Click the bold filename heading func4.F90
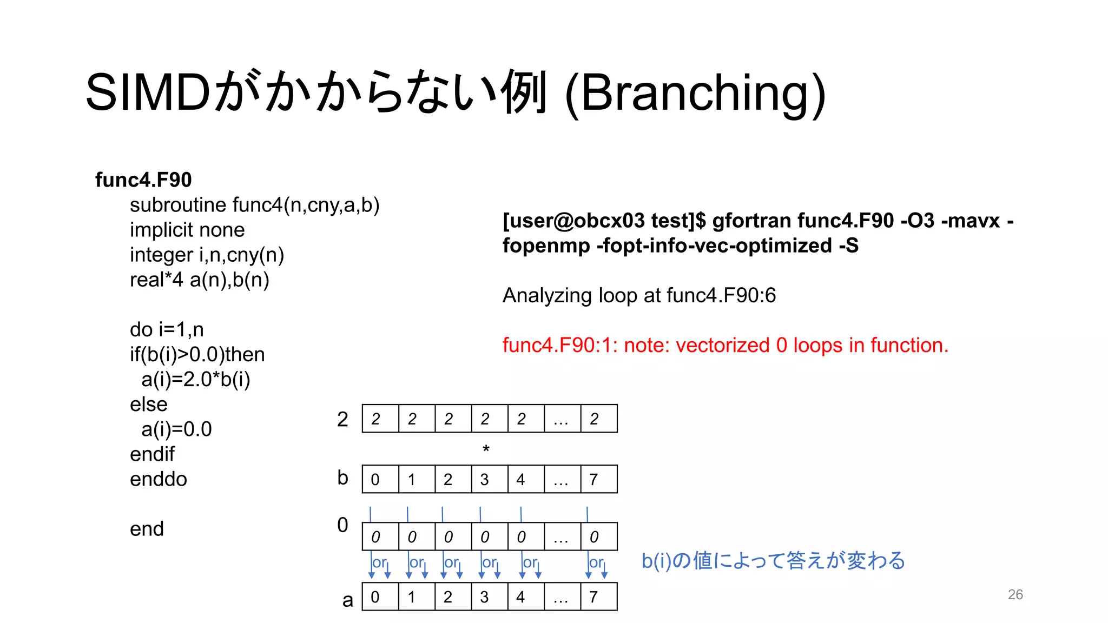[143, 180]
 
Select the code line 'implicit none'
[187, 230]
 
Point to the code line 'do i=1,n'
[167, 329]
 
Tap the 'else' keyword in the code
[149, 404]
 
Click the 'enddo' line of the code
[159, 479]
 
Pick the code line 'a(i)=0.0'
[176, 429]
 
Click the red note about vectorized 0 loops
[726, 345]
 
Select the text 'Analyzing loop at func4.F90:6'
[639, 295]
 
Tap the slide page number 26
[1015, 594]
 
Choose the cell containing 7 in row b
[598, 479]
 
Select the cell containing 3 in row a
[489, 597]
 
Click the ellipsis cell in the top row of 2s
[562, 419]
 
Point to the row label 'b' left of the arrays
[342, 478]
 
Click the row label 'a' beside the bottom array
[348, 599]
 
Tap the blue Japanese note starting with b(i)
[773, 560]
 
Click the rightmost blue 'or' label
[595, 562]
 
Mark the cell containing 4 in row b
[525, 479]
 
